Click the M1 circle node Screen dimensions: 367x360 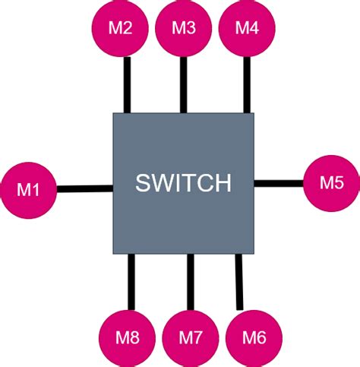click(x=29, y=190)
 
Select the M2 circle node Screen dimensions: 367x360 click(x=122, y=29)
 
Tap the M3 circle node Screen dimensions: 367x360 click(x=184, y=29)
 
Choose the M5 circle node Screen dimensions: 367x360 click(x=331, y=182)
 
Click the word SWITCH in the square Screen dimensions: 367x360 click(x=183, y=184)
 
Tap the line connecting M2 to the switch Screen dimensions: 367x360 click(x=127, y=84)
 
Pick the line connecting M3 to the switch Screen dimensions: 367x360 click(x=184, y=84)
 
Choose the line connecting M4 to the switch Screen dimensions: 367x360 click(x=246, y=84)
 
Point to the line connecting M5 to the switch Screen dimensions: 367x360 click(x=279, y=182)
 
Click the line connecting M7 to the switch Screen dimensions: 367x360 click(x=191, y=281)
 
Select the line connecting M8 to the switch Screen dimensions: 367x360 click(x=131, y=281)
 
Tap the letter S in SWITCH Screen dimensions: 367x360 click(x=143, y=184)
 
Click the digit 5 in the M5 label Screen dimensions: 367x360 click(x=339, y=182)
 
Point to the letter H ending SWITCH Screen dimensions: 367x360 click(x=223, y=184)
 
